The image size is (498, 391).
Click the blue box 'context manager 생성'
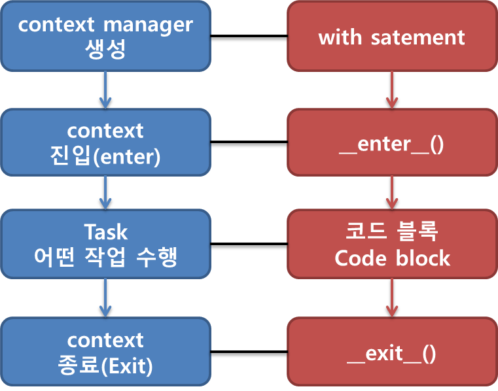(x=105, y=36)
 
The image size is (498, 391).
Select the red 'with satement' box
(x=391, y=37)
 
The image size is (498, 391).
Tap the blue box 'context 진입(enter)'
(x=105, y=143)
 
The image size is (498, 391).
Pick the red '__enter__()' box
(x=391, y=143)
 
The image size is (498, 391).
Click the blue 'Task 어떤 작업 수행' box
(x=105, y=245)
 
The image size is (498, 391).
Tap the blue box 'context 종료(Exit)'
(x=105, y=352)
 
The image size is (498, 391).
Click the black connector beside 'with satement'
(x=249, y=38)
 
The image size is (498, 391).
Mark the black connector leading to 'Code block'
(x=249, y=246)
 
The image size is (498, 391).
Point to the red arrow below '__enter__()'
(x=391, y=193)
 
